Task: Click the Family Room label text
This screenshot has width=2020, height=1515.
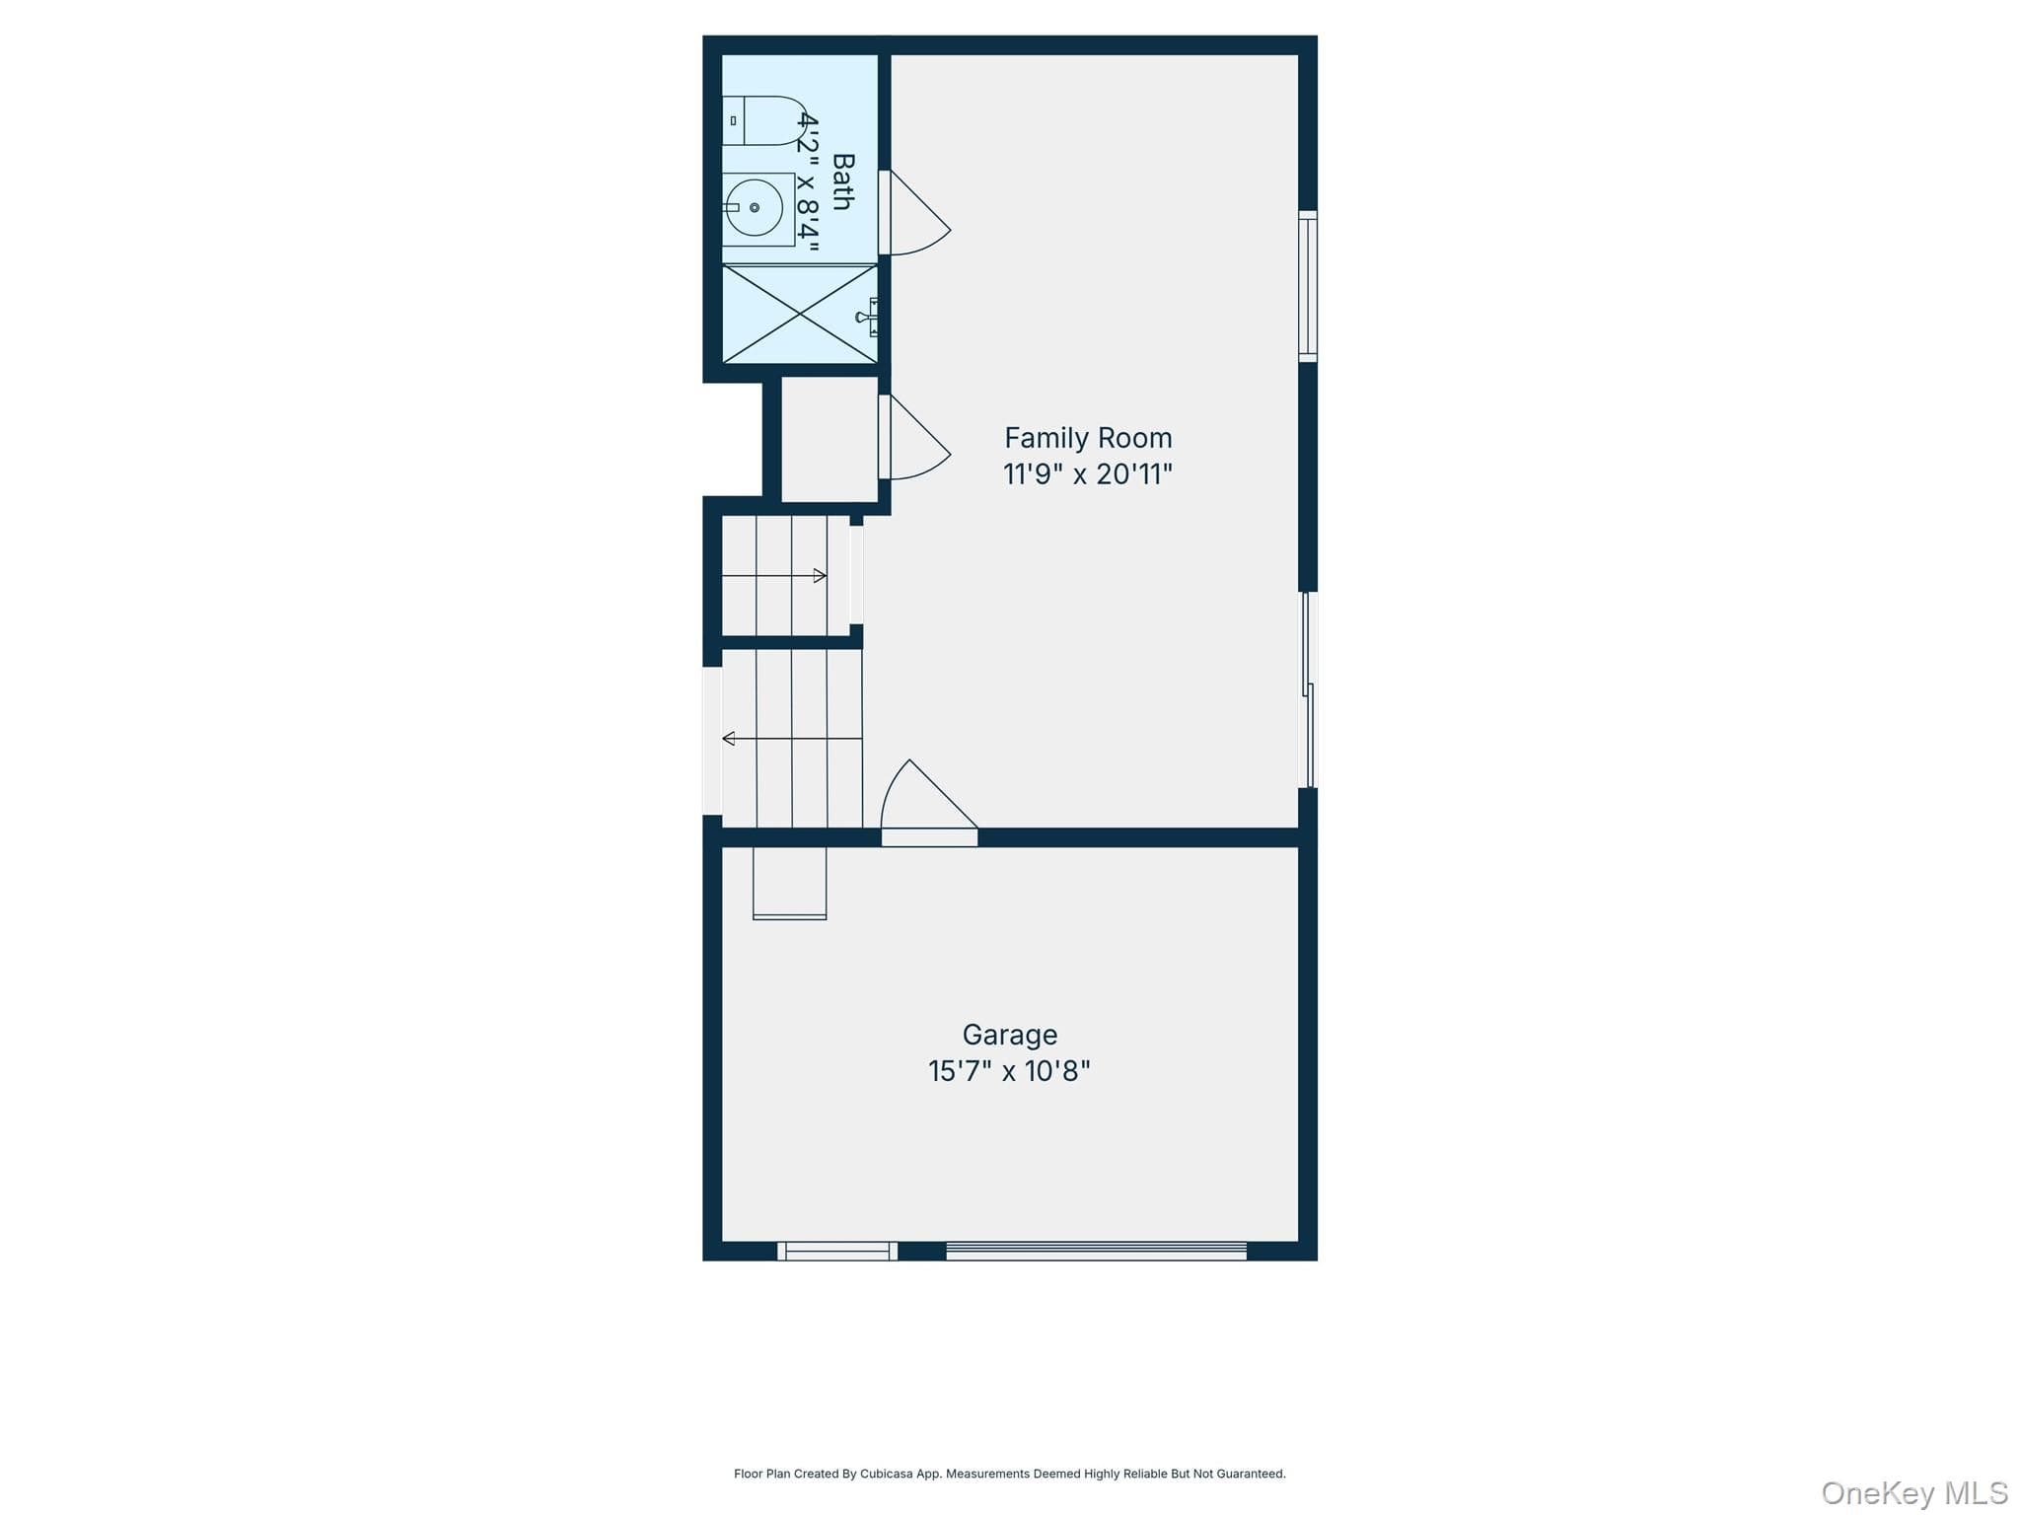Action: (x=1088, y=438)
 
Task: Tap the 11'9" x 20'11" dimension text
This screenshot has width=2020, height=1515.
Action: (x=1088, y=474)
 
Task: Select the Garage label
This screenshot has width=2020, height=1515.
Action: (x=1010, y=1035)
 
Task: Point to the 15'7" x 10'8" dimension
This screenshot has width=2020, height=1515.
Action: (x=1009, y=1071)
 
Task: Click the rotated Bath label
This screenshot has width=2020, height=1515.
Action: (x=843, y=181)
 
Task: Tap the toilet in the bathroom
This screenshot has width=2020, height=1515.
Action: (x=764, y=120)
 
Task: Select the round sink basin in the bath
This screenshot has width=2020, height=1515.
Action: (x=755, y=208)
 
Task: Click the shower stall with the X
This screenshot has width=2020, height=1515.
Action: (x=800, y=314)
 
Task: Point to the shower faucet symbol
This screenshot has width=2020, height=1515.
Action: (x=868, y=317)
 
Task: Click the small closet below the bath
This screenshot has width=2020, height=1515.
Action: (x=830, y=439)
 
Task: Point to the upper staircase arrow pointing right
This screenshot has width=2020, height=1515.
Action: (x=774, y=576)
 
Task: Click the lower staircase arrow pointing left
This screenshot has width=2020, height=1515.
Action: (x=792, y=739)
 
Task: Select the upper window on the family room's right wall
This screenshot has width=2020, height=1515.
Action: (x=1308, y=286)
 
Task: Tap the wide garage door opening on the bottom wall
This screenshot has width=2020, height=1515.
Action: (x=1096, y=1251)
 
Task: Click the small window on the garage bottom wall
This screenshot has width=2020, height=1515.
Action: (x=837, y=1251)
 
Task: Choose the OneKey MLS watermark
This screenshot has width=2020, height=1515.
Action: (x=1914, y=1492)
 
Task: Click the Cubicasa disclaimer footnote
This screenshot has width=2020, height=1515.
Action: (x=1009, y=1474)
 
